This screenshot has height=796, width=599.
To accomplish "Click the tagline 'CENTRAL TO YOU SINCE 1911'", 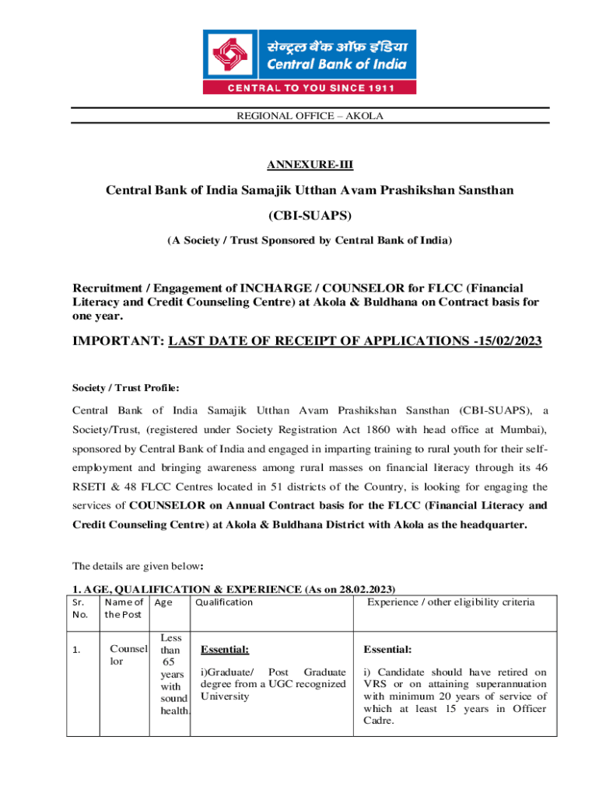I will click(x=309, y=88).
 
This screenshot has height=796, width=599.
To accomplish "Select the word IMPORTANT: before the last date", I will click(x=117, y=341).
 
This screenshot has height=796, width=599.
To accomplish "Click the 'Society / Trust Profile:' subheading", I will click(x=126, y=387).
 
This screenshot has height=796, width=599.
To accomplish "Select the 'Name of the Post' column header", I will click(x=124, y=608).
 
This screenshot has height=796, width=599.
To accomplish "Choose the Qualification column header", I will click(x=224, y=602).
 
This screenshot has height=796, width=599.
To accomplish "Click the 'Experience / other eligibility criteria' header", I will click(x=450, y=602).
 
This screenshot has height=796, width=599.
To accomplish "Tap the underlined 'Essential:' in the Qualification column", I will click(x=225, y=650).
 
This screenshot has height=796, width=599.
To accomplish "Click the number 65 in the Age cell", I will click(x=166, y=662).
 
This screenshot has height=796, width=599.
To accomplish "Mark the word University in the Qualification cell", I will click(x=225, y=696).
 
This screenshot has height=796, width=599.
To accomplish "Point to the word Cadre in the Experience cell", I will click(x=377, y=721).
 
